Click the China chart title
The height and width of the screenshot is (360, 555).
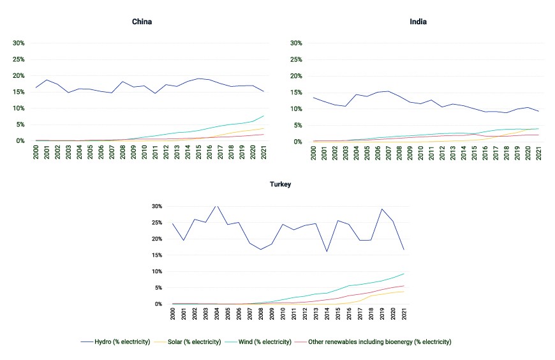[142, 22]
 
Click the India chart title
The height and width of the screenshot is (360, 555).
[418, 22]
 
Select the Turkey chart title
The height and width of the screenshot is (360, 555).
[280, 184]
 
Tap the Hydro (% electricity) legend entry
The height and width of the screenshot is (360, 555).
[115, 342]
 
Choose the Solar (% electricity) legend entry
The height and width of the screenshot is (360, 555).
[188, 342]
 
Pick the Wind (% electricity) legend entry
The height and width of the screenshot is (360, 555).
[258, 342]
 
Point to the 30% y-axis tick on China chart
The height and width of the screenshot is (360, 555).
[18, 43]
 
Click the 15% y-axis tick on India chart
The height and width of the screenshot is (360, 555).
[296, 93]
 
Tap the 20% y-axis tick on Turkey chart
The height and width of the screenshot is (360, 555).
[157, 239]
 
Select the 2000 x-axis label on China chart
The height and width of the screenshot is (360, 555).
[36, 152]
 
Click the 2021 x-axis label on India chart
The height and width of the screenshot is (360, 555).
[538, 153]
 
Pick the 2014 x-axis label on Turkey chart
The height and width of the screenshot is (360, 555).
[327, 313]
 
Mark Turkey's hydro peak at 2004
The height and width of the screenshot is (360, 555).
[217, 206]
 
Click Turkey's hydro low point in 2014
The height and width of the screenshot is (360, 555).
[327, 251]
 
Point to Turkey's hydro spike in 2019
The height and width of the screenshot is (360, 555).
[382, 209]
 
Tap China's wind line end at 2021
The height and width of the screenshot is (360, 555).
[263, 116]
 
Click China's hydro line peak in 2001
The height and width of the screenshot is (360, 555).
[47, 80]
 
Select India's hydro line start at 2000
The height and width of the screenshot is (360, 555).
[313, 98]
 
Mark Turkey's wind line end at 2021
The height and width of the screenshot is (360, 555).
[404, 274]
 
